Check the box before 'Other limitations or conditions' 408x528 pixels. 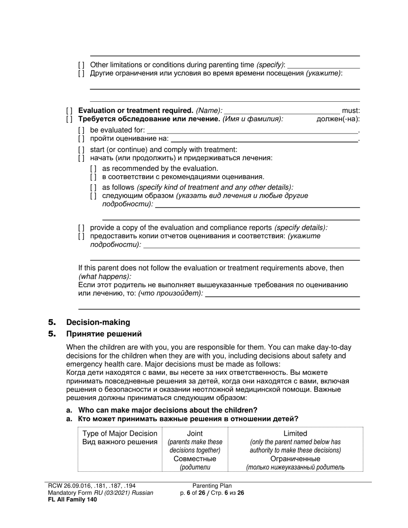pos(81,65)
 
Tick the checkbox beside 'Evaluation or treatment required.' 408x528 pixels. pos(70,111)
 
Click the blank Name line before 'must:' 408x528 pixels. pos(282,111)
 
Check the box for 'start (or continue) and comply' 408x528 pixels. pos(81,150)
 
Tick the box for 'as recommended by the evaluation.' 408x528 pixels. pos(93,169)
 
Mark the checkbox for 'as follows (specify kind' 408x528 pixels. pos(93,188)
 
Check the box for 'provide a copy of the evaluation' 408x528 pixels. pos(81,228)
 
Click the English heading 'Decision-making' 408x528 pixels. pos(98,322)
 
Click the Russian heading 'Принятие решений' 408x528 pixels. pos(104,334)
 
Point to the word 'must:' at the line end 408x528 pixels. pos(351,111)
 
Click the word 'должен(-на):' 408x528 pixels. pos(338,119)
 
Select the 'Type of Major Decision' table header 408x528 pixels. pos(120,434)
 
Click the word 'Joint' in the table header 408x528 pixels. pos(195,434)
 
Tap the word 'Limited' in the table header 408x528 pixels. pos(295,434)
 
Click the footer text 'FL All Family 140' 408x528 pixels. pos(72,499)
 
